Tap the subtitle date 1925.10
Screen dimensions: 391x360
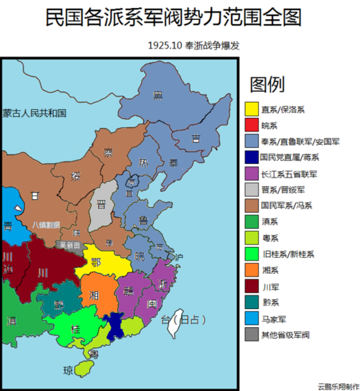tap(166, 46)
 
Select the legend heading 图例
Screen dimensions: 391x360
tap(267, 85)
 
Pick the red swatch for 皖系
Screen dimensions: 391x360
tap(252, 125)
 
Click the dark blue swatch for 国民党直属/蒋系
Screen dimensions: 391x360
tap(252, 158)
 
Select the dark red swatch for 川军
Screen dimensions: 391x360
tap(252, 287)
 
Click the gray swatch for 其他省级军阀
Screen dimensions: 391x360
tap(252, 335)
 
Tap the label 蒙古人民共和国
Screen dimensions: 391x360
tap(34, 113)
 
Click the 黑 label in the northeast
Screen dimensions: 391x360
tap(158, 95)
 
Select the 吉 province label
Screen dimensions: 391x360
tap(196, 138)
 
